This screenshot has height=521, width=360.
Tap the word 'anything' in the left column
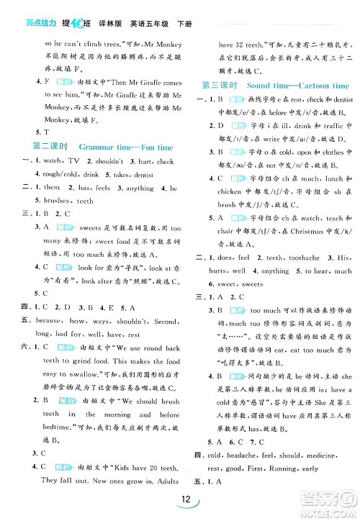tap(138, 189)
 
